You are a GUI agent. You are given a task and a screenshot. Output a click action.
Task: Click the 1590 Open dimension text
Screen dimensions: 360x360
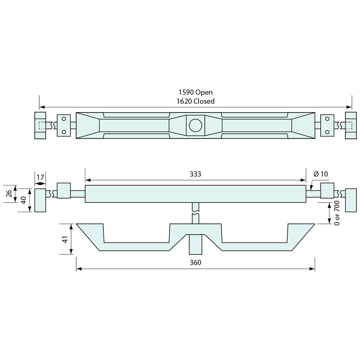[x=195, y=92]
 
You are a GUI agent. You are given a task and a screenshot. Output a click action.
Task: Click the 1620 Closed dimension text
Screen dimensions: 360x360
[x=195, y=101]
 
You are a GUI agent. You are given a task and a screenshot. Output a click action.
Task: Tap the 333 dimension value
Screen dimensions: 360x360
[x=195, y=174]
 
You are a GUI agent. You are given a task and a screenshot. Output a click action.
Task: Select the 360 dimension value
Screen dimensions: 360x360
[x=195, y=262]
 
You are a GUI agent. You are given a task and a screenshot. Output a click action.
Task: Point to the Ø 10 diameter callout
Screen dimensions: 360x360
[x=321, y=174]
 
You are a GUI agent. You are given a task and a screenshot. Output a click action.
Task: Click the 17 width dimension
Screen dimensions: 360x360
[x=40, y=177]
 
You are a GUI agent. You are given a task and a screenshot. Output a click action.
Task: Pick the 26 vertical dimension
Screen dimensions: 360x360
[x=9, y=194]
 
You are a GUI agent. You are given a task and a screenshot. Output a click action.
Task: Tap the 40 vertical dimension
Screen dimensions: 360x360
[x=24, y=200]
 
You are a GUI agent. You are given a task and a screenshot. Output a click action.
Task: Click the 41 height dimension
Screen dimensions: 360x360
[x=65, y=239]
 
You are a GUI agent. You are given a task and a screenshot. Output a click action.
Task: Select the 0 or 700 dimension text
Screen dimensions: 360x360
[x=337, y=213]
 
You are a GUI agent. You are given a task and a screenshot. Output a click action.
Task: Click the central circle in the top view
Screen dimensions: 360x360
[x=195, y=125]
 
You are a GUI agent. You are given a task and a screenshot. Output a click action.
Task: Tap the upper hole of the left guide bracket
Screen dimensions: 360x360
[x=64, y=119]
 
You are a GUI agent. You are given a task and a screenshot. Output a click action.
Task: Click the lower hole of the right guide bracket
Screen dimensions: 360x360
[x=327, y=132]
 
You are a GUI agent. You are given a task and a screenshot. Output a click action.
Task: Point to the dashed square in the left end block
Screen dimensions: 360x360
[x=42, y=125]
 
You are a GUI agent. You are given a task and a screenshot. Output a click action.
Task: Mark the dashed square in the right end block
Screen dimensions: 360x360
[x=349, y=125]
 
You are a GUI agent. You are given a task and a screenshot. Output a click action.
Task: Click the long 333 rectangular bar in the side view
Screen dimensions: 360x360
[x=195, y=194]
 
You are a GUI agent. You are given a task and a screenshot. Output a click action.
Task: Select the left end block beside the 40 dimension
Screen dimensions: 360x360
[x=40, y=200]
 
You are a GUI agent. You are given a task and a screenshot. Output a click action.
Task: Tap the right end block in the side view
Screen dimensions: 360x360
[x=351, y=200]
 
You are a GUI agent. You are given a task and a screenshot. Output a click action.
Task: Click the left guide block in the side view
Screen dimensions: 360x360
[x=63, y=190]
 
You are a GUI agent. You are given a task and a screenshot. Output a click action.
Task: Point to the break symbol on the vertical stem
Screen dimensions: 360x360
[x=195, y=213]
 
